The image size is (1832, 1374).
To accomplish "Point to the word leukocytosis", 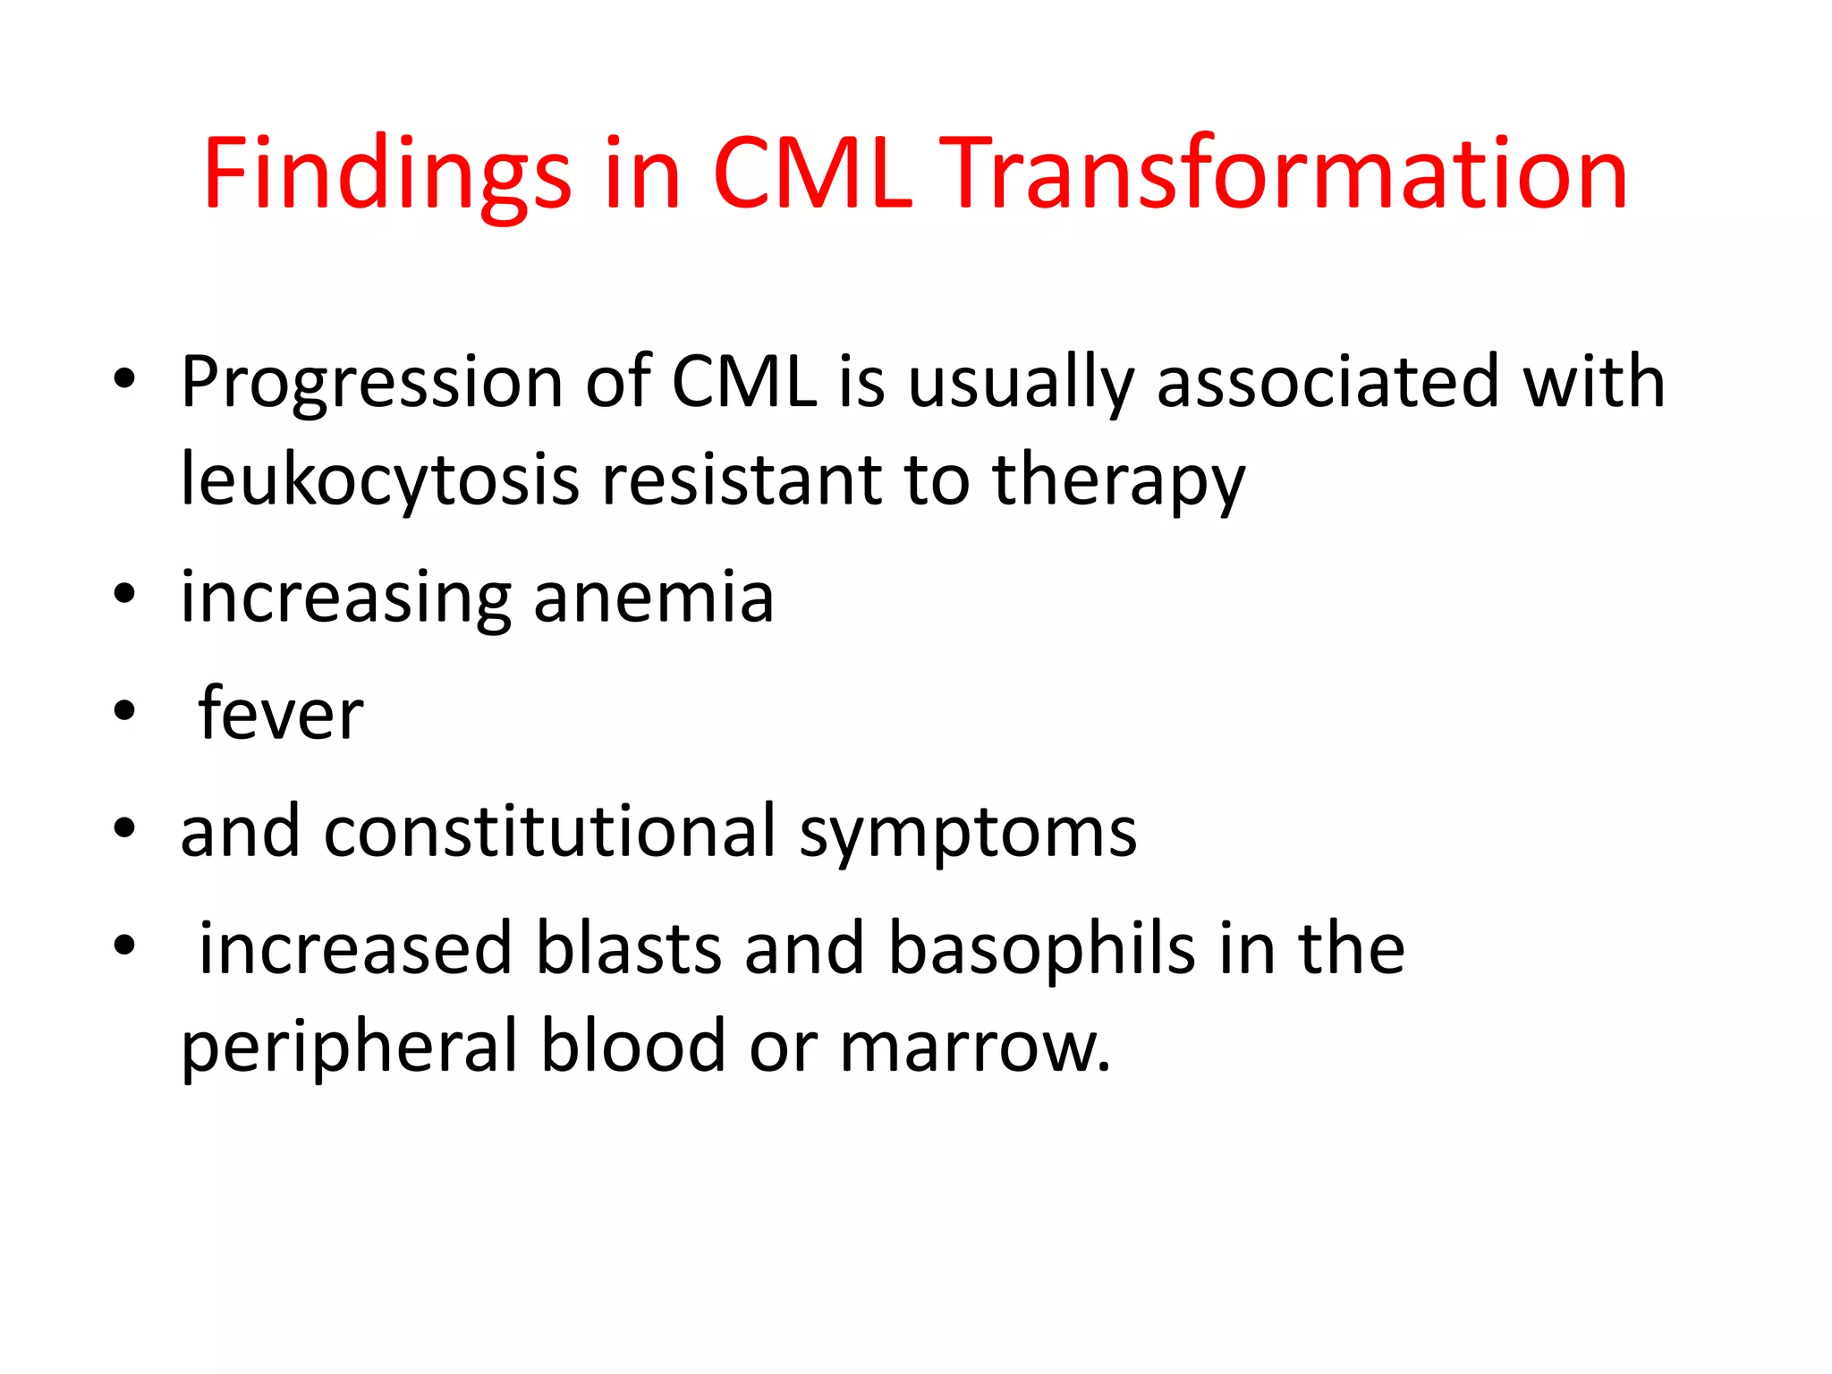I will coord(379,480).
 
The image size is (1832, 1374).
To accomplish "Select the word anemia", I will coord(653,598).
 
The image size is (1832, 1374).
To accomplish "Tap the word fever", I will coord(281,714).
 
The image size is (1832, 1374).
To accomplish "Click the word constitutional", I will coord(549,832).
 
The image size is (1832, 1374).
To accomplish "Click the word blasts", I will coord(628,948).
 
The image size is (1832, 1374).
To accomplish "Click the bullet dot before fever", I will coord(124,710).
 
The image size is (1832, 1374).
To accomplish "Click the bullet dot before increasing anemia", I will coord(124,593).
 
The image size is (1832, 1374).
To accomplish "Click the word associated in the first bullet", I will coord(1327,382).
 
